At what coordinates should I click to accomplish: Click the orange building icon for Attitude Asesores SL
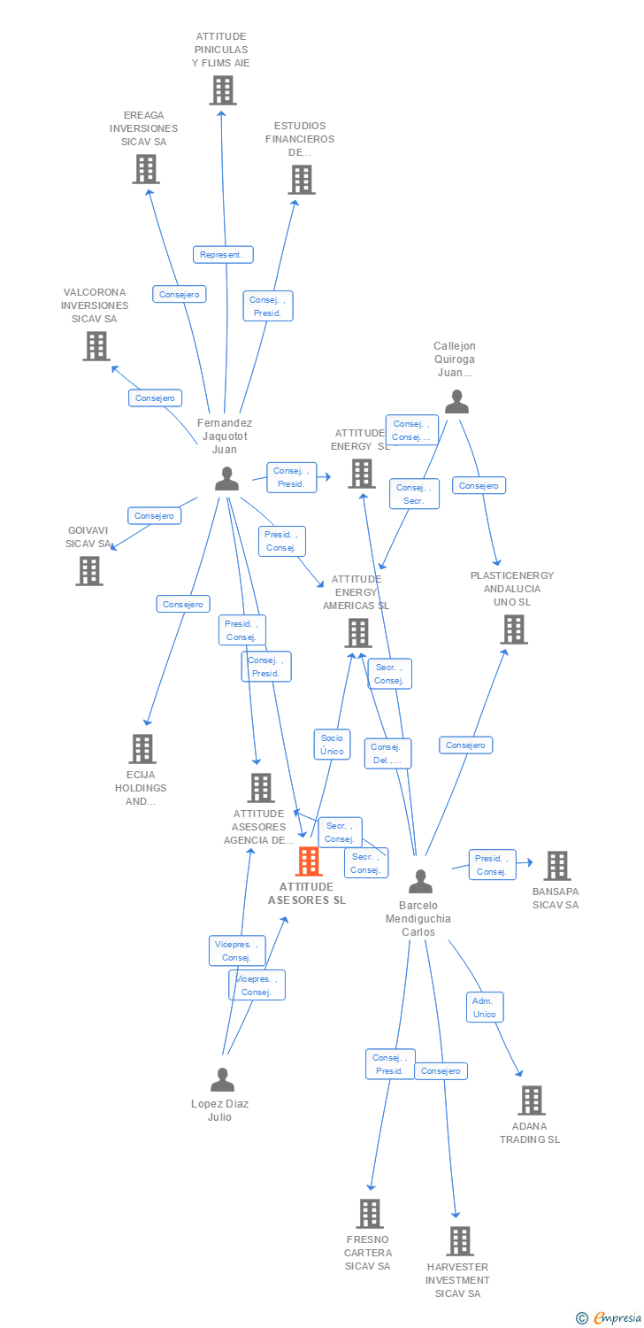pos(308,861)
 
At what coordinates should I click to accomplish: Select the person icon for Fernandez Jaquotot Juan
pos(226,479)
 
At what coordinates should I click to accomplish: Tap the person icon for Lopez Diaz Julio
pos(222,1079)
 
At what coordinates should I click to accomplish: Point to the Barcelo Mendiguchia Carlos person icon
pos(420,881)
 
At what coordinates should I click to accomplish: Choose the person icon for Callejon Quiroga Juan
pos(456,402)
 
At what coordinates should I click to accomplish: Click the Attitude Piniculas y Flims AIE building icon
pos(222,90)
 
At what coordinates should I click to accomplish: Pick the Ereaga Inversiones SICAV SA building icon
pos(146,168)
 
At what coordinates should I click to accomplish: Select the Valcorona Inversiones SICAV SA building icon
pos(96,346)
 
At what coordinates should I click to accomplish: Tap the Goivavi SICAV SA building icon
pos(89,571)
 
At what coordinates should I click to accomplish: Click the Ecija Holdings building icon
pos(142,749)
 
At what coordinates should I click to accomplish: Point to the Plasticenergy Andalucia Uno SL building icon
pos(513,629)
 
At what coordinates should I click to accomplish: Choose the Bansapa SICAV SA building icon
pos(556,865)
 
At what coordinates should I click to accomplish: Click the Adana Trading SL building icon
pos(531,1100)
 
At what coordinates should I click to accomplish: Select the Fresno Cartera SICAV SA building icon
pos(369,1214)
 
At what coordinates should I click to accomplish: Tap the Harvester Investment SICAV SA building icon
pos(459,1241)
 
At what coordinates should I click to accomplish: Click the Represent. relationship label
pos(223,255)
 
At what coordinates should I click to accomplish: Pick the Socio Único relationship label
pos(332,745)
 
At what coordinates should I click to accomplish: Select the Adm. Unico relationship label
pos(485,1008)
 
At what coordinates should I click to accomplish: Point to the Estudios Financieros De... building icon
pos(301,180)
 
